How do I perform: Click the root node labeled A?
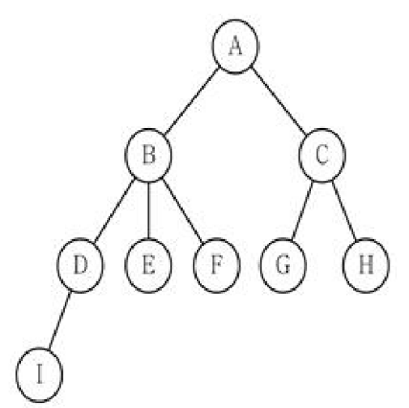235,46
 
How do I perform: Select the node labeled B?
148,155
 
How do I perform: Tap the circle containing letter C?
322,155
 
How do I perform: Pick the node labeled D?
80,266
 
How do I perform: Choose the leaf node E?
148,266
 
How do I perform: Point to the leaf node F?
217,266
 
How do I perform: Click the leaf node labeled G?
283,266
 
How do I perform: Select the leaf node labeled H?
366,266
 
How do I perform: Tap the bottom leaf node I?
40,375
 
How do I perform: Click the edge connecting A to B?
192,101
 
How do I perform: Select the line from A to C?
279,101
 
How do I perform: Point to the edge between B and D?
114,210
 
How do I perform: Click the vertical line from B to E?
148,210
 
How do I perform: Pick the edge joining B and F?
182,210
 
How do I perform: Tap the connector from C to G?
302,210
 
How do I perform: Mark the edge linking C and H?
344,210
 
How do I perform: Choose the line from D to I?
60,321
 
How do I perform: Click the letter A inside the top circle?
235,45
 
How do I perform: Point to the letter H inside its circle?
366,265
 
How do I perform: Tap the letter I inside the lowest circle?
40,374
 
